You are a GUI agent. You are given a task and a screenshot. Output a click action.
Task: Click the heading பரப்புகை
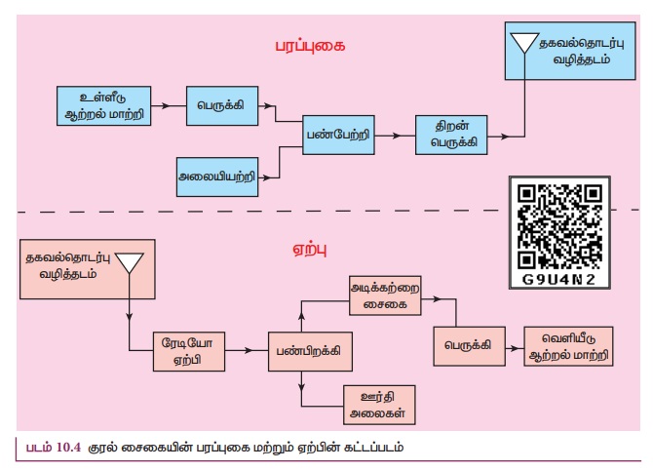[311, 46]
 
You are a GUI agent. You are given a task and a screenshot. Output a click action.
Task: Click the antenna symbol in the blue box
[525, 43]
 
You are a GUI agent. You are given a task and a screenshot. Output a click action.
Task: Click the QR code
[560, 223]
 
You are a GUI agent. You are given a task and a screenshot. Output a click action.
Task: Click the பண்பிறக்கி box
[311, 348]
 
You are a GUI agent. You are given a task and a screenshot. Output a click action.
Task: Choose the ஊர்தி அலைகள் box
[376, 403]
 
